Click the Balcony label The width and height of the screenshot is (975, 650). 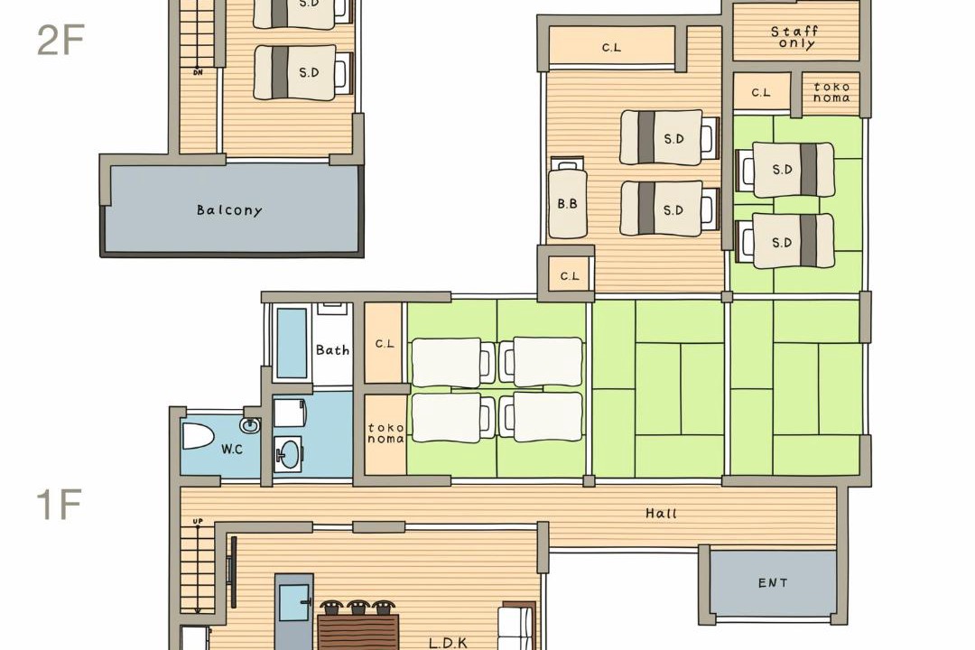pyautogui.click(x=229, y=210)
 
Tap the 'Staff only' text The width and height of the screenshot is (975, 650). pyautogui.click(x=795, y=37)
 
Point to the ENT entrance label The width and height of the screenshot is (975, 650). pyautogui.click(x=773, y=583)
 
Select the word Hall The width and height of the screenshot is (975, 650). pyautogui.click(x=661, y=513)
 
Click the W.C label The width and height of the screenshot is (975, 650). pyautogui.click(x=232, y=449)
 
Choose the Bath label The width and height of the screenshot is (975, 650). pyautogui.click(x=332, y=350)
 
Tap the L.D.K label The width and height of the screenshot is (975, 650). pyautogui.click(x=449, y=643)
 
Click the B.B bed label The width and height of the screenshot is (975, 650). pyautogui.click(x=567, y=203)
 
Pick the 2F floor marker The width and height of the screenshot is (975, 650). pyautogui.click(x=60, y=40)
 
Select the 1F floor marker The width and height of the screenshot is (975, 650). pyautogui.click(x=59, y=505)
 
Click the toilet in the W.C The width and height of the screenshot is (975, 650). pyautogui.click(x=199, y=436)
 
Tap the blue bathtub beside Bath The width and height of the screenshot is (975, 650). pyautogui.click(x=292, y=343)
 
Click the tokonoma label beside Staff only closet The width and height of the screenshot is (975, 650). pyautogui.click(x=831, y=92)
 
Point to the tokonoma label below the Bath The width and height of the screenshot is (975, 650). pyautogui.click(x=385, y=433)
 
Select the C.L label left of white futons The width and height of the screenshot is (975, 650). pyautogui.click(x=385, y=343)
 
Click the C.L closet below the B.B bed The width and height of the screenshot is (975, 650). pyautogui.click(x=570, y=275)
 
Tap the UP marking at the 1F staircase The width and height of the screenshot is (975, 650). pyautogui.click(x=198, y=521)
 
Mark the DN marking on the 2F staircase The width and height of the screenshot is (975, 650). pyautogui.click(x=198, y=72)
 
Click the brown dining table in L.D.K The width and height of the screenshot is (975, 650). pyautogui.click(x=358, y=631)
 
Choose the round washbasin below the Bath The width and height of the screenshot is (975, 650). pyautogui.click(x=289, y=453)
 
